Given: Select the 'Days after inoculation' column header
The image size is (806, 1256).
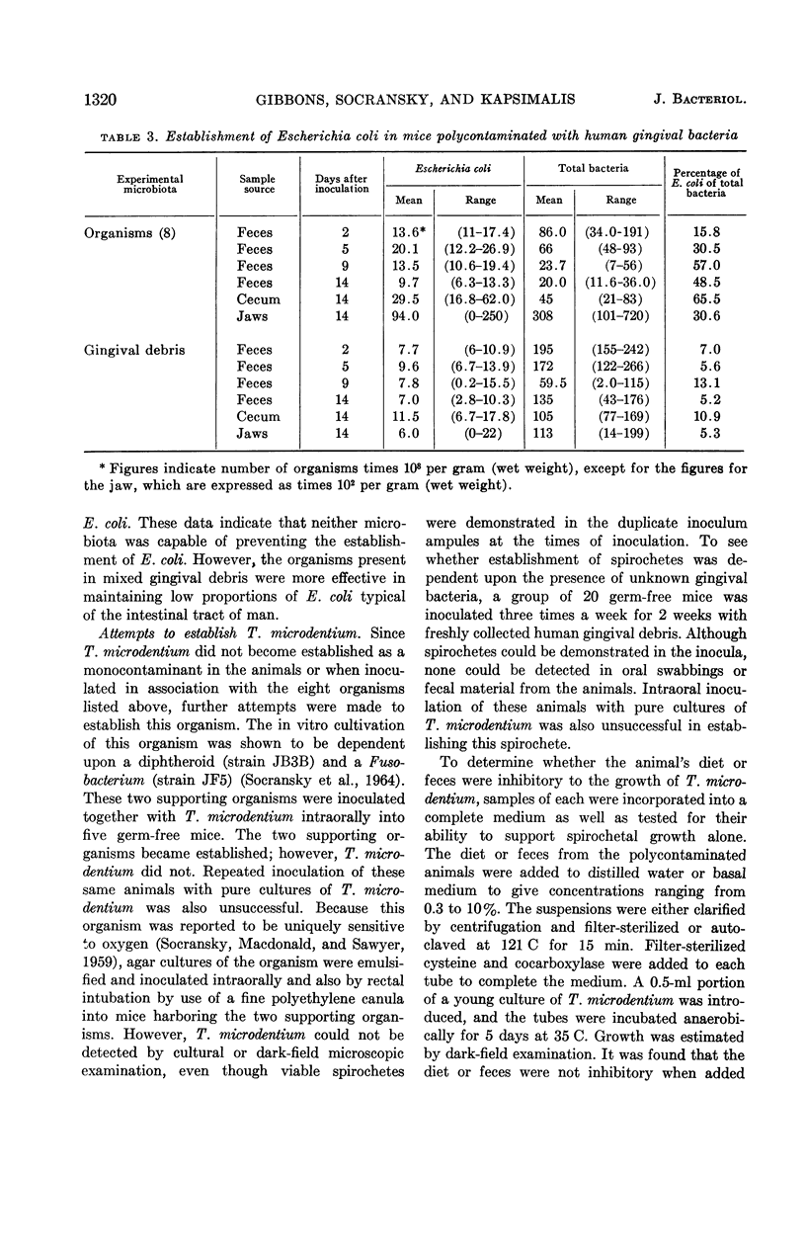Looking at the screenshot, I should tap(342, 184).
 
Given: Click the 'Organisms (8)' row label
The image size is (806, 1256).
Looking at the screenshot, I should tap(104, 233).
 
